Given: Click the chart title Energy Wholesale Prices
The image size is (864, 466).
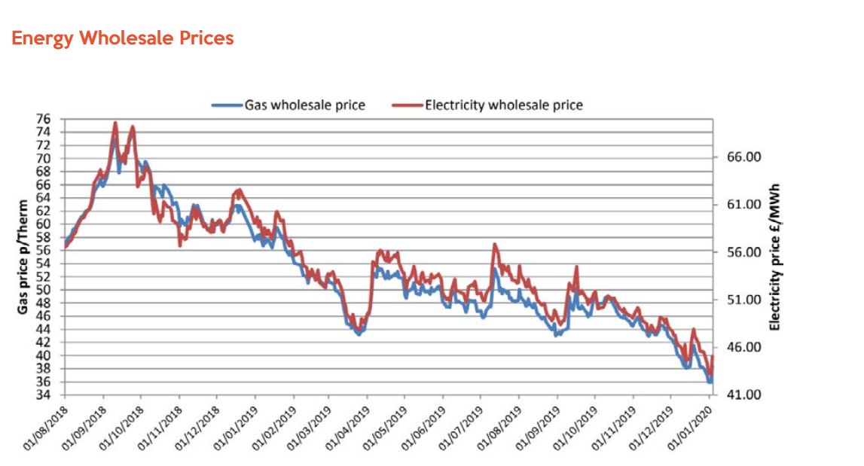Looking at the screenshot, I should tap(123, 38).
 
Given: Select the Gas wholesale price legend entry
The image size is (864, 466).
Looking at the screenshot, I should tap(304, 105).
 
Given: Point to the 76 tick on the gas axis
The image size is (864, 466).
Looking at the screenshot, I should tap(45, 119).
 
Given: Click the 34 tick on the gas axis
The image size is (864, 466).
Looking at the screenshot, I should tap(45, 394).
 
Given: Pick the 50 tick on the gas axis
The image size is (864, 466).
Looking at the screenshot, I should tap(45, 290).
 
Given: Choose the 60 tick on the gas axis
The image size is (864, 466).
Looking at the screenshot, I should tap(45, 224).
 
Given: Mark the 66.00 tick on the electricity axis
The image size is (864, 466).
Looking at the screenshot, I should tap(744, 157).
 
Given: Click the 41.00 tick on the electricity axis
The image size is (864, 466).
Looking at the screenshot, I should tap(744, 394).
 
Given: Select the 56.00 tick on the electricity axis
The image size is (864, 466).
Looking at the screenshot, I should tap(744, 252).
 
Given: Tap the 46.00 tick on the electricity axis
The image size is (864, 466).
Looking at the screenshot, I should tap(744, 347).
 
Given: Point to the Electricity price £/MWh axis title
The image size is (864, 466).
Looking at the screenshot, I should tap(774, 257).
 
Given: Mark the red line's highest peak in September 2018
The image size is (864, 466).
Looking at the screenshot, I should tap(115, 122).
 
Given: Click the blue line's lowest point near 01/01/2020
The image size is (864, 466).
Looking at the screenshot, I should tap(709, 382).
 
